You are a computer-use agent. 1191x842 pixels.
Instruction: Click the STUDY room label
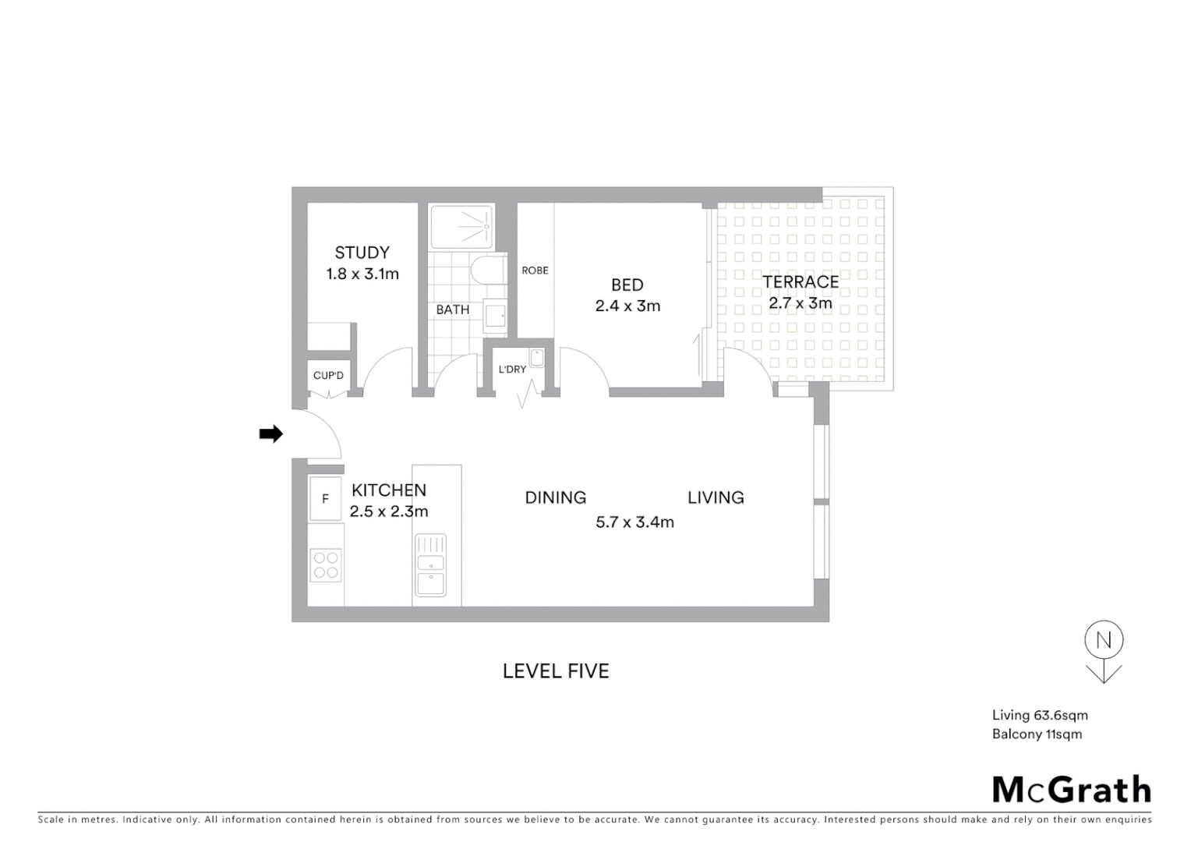tap(362, 253)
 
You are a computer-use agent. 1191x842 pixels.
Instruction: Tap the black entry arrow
tap(270, 434)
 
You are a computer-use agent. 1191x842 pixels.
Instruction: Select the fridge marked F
tap(326, 499)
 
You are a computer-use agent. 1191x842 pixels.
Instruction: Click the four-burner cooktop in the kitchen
tap(326, 565)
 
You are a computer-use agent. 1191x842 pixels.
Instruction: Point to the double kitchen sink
tap(430, 564)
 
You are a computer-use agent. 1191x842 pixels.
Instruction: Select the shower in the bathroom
tap(462, 227)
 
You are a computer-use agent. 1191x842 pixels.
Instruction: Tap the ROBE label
tap(535, 271)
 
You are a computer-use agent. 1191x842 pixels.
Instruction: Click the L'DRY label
tap(512, 369)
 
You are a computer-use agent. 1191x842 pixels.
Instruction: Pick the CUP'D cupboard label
tap(328, 376)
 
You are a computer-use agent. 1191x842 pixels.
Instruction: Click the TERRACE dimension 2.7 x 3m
tap(800, 303)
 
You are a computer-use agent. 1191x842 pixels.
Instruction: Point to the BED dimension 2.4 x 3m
tap(627, 306)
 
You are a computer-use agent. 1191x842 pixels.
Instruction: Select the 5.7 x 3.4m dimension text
tap(634, 522)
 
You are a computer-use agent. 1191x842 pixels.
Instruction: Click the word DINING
tap(555, 497)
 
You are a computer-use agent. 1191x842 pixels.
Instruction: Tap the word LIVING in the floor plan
tap(716, 497)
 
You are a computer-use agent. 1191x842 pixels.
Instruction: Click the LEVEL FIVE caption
tap(556, 671)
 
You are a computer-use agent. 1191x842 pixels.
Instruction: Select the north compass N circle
tap(1104, 640)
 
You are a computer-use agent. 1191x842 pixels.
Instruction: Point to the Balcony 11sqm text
tap(1037, 734)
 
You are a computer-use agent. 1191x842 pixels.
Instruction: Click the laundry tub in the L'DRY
tap(536, 358)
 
